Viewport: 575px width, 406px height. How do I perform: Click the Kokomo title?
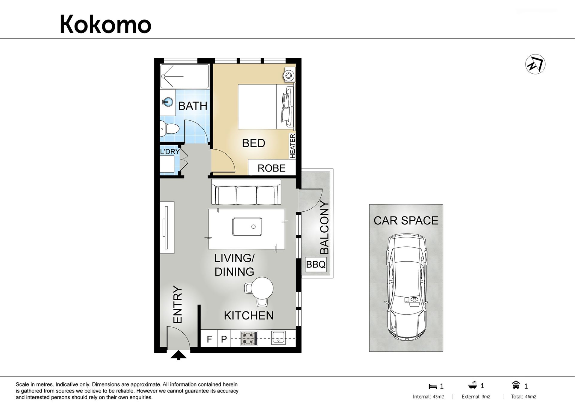pyautogui.click(x=105, y=24)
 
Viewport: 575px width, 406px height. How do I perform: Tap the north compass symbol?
pyautogui.click(x=535, y=64)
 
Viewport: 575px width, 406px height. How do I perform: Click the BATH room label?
pyautogui.click(x=193, y=106)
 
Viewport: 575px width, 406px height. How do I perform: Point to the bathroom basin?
pyautogui.click(x=168, y=102)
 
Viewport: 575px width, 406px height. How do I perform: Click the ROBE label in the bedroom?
pyautogui.click(x=271, y=168)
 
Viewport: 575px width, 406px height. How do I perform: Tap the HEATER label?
pyautogui.click(x=293, y=146)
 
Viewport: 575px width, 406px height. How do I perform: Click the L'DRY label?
pyautogui.click(x=170, y=152)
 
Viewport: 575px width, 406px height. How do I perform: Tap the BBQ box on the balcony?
pyautogui.click(x=316, y=264)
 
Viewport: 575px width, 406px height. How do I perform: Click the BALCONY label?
pyautogui.click(x=324, y=228)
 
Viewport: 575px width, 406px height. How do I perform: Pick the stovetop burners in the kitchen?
pyautogui.click(x=249, y=338)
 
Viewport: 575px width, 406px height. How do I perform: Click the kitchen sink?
pyautogui.click(x=279, y=338)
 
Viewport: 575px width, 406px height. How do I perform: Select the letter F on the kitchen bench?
pyautogui.click(x=209, y=339)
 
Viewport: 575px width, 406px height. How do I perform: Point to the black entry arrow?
pyautogui.click(x=178, y=355)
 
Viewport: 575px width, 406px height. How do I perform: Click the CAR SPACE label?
pyautogui.click(x=406, y=221)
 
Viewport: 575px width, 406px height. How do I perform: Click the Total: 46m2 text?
pyautogui.click(x=523, y=397)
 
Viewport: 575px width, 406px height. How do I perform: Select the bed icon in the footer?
pyautogui.click(x=433, y=387)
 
